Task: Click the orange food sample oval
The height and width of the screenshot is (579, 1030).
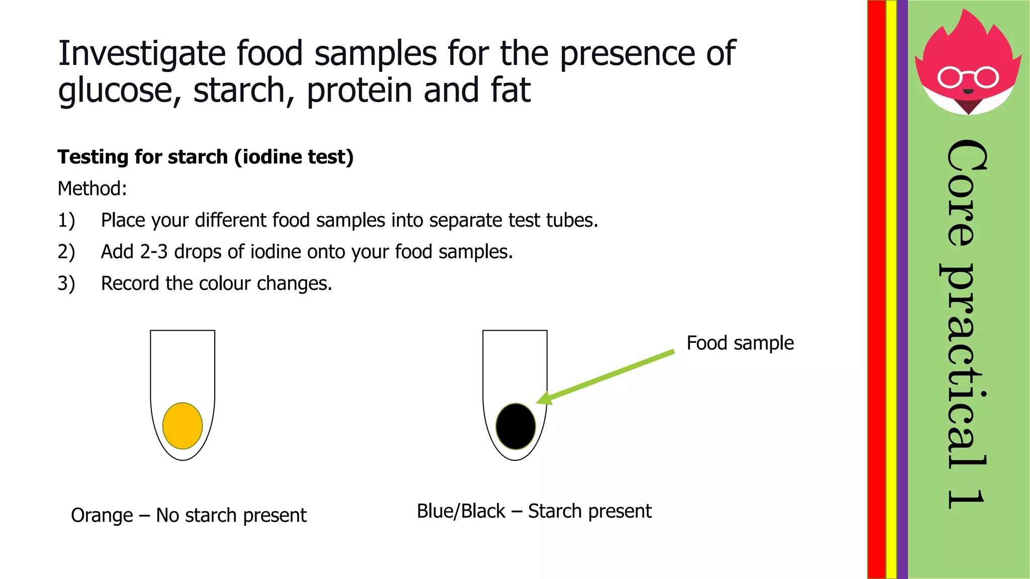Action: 183,426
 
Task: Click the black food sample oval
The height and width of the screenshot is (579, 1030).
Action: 516,426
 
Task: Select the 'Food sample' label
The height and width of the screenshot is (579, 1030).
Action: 740,343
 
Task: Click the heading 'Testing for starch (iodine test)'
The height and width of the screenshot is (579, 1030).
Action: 206,157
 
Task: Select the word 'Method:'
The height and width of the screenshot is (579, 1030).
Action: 93,189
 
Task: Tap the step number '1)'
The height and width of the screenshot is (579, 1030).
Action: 66,221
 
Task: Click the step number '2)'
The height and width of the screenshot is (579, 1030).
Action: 66,252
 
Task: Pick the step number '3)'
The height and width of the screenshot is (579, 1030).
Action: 66,284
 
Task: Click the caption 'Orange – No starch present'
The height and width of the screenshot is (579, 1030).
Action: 189,516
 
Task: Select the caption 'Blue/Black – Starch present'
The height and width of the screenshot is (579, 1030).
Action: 534,511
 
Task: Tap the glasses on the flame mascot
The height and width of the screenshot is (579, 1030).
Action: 968,77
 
